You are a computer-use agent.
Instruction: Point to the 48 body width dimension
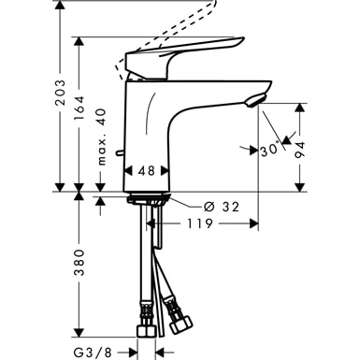(146, 171)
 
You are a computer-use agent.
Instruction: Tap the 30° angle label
(270, 149)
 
